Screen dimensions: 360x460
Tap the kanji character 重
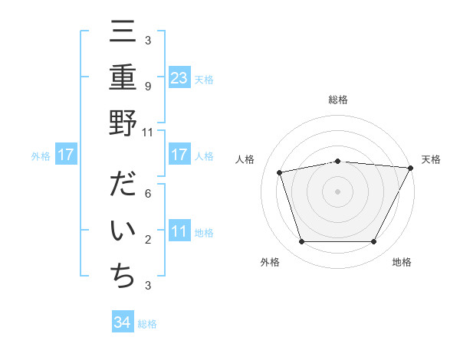(x=123, y=80)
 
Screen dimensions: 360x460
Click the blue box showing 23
(x=179, y=77)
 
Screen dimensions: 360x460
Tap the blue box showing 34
(x=123, y=323)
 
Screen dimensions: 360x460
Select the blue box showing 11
(x=179, y=232)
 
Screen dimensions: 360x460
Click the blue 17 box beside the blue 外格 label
(x=66, y=155)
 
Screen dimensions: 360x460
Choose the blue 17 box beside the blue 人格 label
(x=179, y=155)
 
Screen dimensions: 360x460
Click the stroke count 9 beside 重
(x=147, y=87)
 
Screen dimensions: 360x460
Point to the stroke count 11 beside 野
(x=147, y=132)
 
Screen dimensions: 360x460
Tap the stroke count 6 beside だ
(x=147, y=195)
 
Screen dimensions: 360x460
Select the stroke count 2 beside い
(x=147, y=240)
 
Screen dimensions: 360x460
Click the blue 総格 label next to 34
(x=147, y=324)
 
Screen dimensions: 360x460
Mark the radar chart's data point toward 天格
(x=411, y=168)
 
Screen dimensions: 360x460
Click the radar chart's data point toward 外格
(x=301, y=242)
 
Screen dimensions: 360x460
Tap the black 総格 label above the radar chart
(x=337, y=100)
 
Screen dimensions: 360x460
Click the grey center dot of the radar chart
(x=337, y=191)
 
